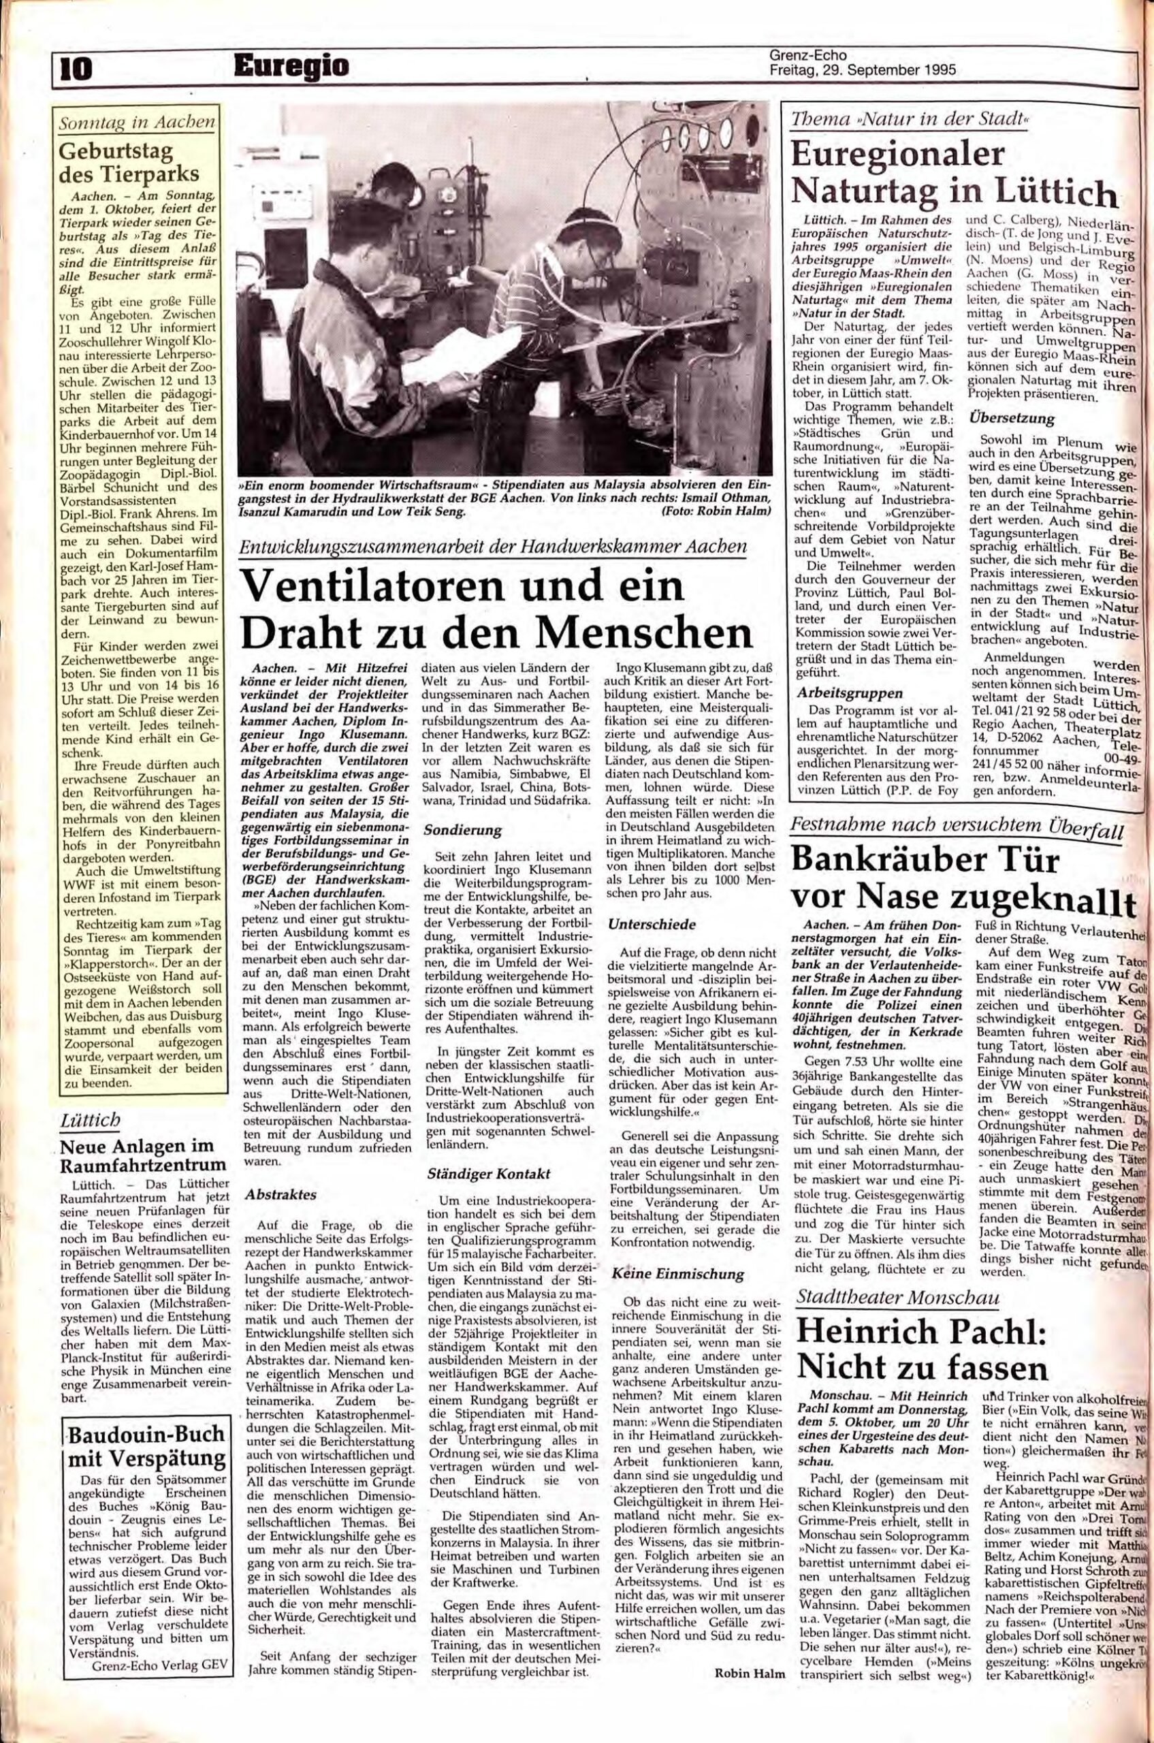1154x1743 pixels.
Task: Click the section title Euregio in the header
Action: pos(290,67)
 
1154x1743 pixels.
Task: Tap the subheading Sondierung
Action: pos(462,829)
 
